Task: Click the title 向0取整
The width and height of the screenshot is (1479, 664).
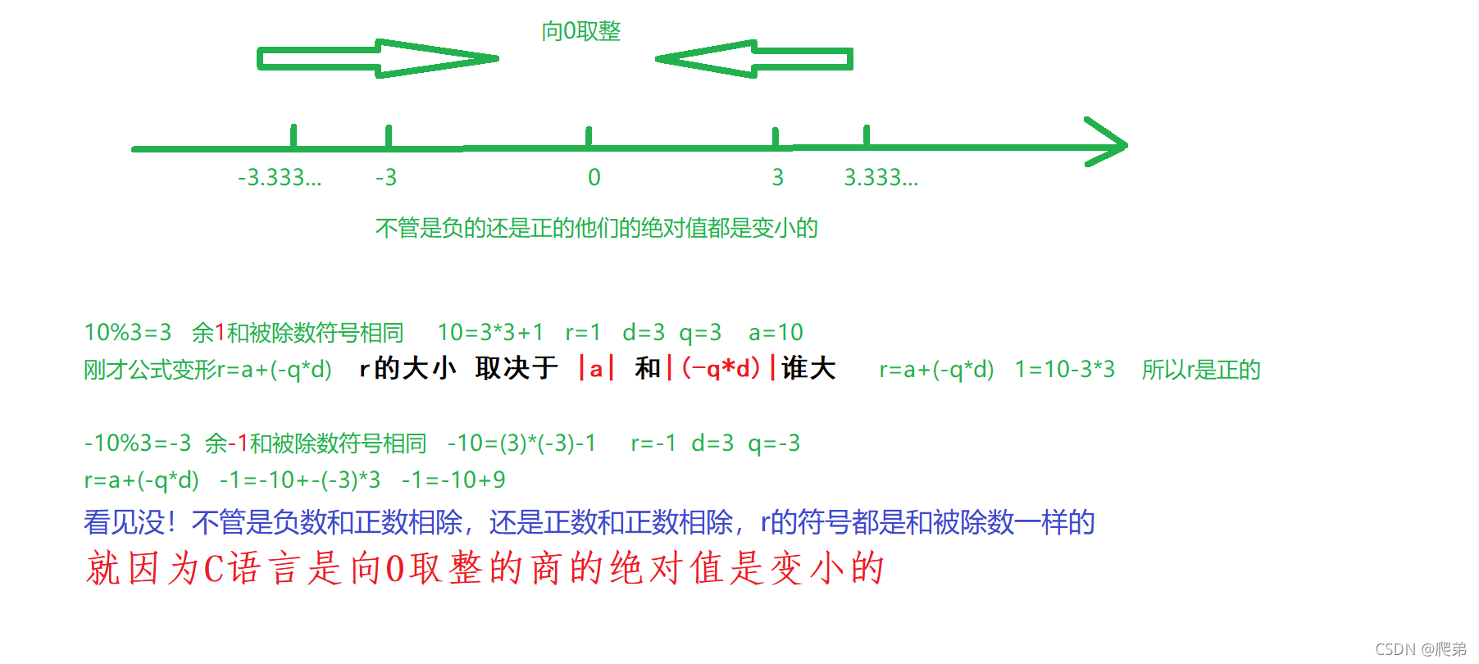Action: [580, 31]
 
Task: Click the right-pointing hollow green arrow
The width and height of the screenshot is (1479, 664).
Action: [377, 58]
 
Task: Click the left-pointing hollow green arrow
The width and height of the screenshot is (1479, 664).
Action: [754, 58]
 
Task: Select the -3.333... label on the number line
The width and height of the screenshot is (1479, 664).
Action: [280, 177]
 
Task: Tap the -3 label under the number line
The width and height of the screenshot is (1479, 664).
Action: [386, 177]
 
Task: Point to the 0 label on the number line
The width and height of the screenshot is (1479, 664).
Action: [594, 177]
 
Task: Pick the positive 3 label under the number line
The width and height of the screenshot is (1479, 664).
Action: [778, 177]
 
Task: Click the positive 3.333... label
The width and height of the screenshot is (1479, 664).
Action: [881, 177]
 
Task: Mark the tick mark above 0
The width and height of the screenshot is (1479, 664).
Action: [589, 136]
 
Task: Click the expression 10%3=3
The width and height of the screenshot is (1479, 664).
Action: [128, 332]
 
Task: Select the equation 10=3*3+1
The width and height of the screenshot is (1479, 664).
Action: [490, 332]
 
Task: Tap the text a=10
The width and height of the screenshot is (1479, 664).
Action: [776, 332]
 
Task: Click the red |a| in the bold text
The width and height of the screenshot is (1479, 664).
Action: [596, 369]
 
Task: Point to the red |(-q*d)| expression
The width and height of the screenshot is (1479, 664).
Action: [721, 369]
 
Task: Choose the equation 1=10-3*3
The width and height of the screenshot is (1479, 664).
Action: [1064, 370]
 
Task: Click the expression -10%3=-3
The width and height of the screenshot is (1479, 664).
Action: [138, 443]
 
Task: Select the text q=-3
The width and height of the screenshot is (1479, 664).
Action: [774, 443]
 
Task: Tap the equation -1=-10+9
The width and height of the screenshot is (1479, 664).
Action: [453, 480]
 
